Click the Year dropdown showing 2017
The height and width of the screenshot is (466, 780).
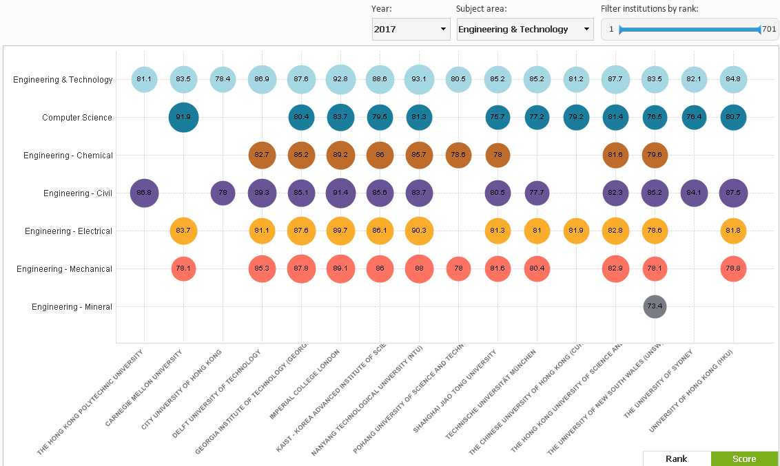click(x=411, y=30)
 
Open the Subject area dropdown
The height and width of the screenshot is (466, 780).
click(x=524, y=30)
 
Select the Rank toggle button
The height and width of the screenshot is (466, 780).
click(x=676, y=458)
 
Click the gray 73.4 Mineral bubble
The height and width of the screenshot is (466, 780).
click(x=655, y=306)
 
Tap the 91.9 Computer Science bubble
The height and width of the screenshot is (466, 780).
click(x=183, y=118)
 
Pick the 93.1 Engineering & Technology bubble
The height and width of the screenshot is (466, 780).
click(x=419, y=79)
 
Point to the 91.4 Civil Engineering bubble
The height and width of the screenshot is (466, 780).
click(x=340, y=193)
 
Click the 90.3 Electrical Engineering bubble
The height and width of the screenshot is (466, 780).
click(x=419, y=231)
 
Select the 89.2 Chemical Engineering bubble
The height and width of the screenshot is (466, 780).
click(x=340, y=156)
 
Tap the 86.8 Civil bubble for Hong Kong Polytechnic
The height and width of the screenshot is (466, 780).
click(x=144, y=193)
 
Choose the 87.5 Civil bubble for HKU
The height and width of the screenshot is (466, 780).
click(x=733, y=193)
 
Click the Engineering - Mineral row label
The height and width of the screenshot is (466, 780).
click(x=72, y=307)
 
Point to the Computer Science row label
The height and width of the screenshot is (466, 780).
click(x=77, y=118)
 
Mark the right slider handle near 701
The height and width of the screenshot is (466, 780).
click(x=759, y=30)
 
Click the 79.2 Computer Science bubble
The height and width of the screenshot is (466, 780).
click(x=576, y=118)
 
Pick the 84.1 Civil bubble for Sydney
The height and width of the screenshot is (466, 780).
click(x=694, y=193)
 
